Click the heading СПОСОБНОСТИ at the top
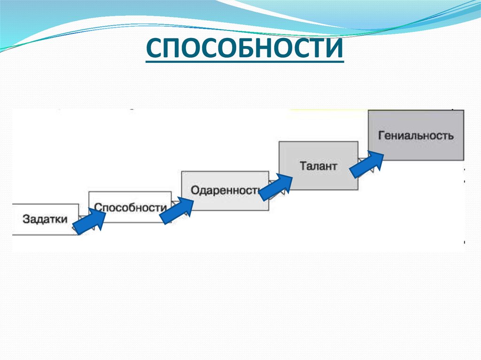tap(244, 49)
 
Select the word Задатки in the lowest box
tap(45, 219)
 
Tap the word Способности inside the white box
tap(130, 207)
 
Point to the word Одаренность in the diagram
tap(225, 191)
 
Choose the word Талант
tap(318, 166)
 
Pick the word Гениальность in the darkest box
tap(416, 136)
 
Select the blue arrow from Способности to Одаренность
tap(177, 210)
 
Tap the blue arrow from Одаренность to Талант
tap(275, 186)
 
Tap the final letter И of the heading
tap(334, 49)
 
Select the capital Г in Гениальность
tap(381, 136)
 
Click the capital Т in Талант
tap(303, 166)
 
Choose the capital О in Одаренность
tap(195, 191)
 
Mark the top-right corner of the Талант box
tap(357, 141)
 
